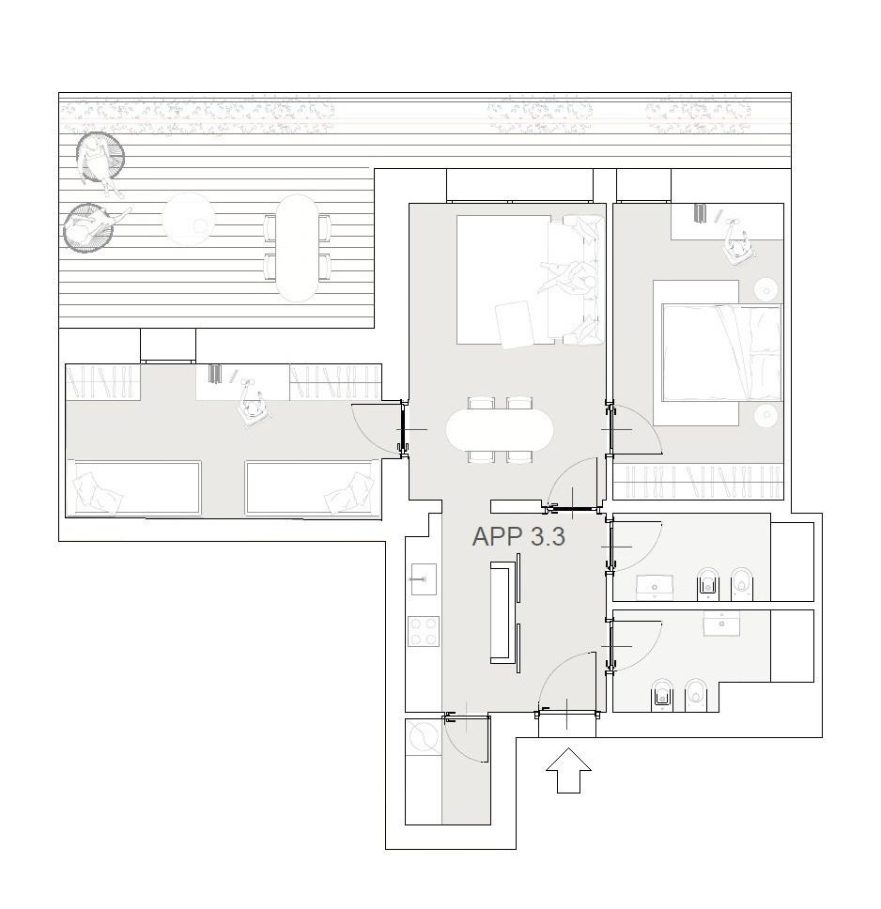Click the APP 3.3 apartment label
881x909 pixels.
click(518, 536)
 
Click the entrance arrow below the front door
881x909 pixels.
click(568, 770)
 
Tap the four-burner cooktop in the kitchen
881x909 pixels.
click(423, 631)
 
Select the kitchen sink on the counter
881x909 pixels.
click(424, 578)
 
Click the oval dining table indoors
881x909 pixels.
click(500, 429)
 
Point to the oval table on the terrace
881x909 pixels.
click(297, 248)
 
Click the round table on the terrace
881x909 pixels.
click(188, 219)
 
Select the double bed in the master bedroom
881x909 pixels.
click(721, 352)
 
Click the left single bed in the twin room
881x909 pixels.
click(134, 487)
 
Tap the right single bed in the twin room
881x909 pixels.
click(311, 487)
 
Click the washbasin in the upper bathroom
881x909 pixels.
click(655, 587)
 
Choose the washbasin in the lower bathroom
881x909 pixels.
click(722, 624)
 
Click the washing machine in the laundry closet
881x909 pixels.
click(424, 737)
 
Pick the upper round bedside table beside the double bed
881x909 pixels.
click(766, 288)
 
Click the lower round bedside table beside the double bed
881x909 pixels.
click(766, 415)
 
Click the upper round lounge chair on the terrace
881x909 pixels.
click(100, 157)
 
